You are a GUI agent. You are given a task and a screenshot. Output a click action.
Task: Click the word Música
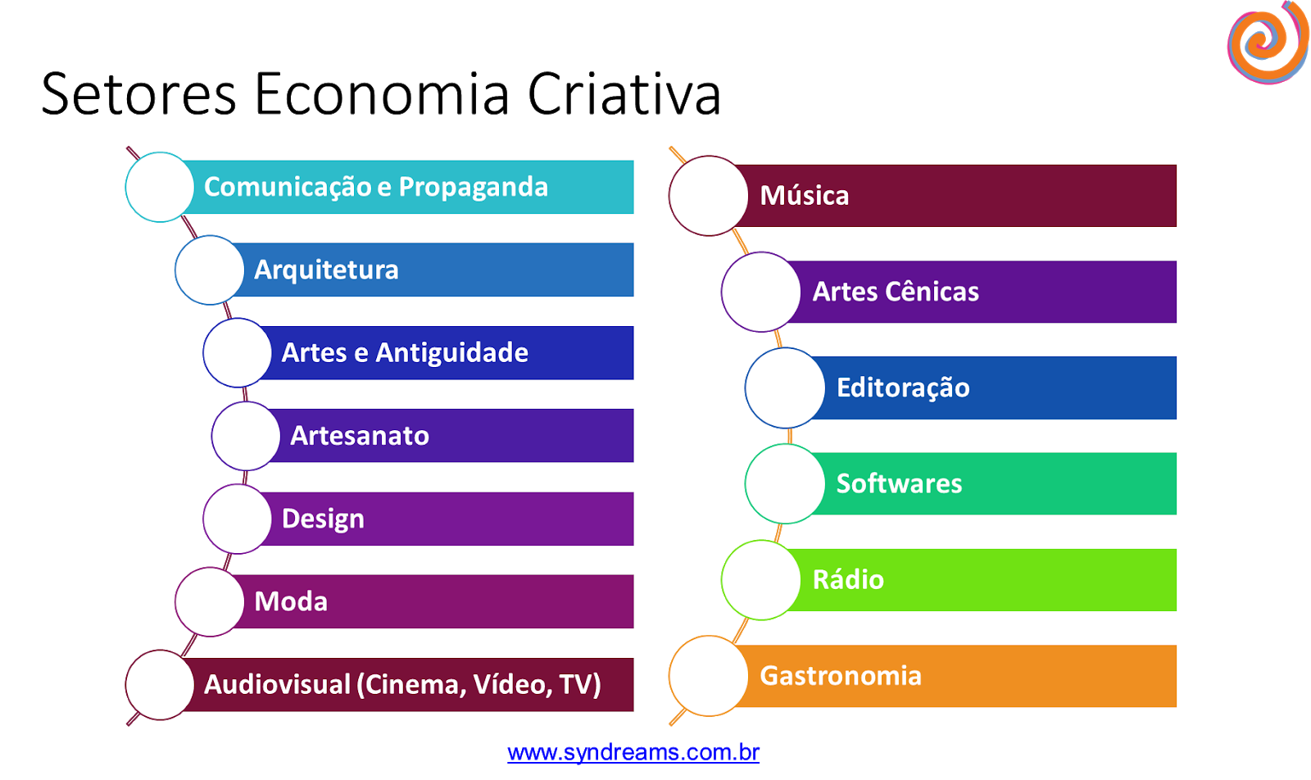click(804, 196)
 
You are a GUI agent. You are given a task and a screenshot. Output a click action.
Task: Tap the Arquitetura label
click(326, 270)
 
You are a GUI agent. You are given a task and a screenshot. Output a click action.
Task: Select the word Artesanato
click(360, 436)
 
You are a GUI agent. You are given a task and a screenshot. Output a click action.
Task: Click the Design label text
click(323, 519)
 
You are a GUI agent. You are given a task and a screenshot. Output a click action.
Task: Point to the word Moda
click(291, 601)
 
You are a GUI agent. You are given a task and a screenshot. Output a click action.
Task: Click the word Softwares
click(899, 483)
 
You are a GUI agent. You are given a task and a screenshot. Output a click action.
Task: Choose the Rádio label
click(848, 580)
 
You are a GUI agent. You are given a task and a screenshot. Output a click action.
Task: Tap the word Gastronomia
click(841, 676)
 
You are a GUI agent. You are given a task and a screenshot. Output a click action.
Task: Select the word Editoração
click(903, 388)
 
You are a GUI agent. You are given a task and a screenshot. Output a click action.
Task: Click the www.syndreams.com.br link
click(633, 752)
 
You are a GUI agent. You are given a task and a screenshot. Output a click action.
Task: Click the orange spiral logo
click(1267, 43)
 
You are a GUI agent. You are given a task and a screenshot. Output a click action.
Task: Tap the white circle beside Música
click(709, 196)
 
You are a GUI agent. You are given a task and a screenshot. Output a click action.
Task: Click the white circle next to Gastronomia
click(709, 676)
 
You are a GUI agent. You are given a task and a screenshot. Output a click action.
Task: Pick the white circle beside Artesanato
click(246, 436)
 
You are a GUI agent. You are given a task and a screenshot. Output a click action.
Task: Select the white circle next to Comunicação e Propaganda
click(160, 187)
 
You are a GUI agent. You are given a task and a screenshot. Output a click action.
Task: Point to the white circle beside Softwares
click(785, 483)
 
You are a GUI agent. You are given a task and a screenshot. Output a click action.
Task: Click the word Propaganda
click(473, 188)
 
